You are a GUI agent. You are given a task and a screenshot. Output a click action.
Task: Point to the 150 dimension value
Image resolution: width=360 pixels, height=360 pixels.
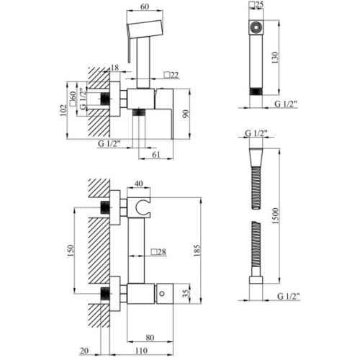(x=71, y=249)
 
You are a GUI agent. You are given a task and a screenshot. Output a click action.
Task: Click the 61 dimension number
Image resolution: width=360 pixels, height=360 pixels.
(x=158, y=153)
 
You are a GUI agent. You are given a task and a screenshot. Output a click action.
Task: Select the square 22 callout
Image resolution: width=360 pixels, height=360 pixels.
(x=171, y=74)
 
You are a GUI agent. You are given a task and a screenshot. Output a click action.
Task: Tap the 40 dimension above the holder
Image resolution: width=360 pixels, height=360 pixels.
(x=138, y=184)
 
